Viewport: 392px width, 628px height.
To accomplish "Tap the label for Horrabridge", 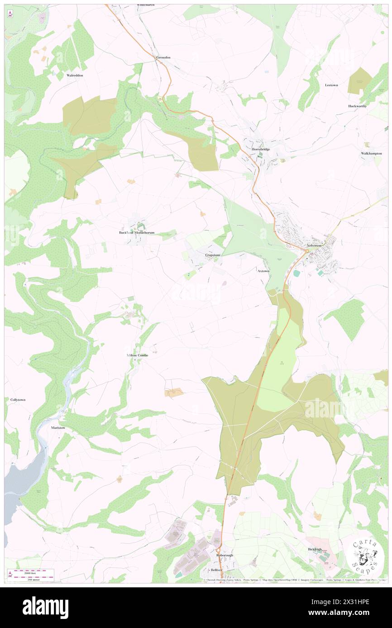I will [261, 149].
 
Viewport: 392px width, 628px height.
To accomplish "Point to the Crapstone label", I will [213, 255].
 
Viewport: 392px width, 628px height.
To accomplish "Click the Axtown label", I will [263, 271].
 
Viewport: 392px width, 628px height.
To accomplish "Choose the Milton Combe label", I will [137, 356].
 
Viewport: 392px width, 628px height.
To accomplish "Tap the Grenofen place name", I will [163, 58].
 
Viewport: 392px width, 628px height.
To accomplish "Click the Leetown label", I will [332, 85].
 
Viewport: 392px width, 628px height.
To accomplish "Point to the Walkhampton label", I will [371, 154].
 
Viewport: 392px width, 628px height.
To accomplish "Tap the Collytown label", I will [19, 400].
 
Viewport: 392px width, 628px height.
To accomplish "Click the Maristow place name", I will [58, 427].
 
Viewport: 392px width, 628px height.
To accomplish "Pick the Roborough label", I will [224, 555].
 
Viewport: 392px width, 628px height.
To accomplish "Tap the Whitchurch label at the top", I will [146, 5].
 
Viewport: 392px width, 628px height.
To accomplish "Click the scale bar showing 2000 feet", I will [34, 572].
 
